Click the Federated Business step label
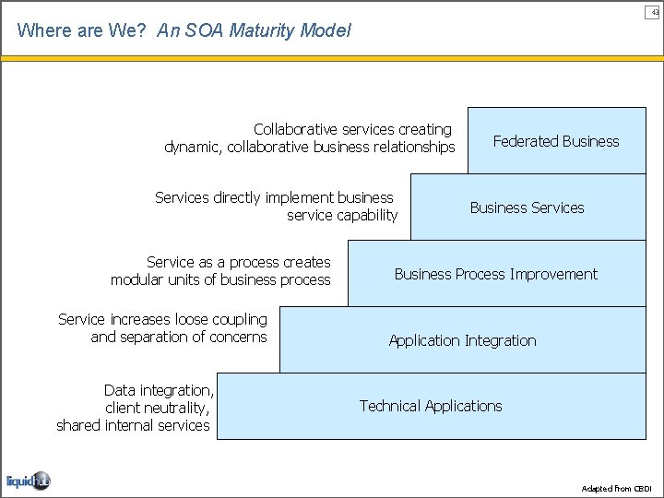tap(556, 141)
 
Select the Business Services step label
tap(527, 207)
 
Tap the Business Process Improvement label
tap(495, 274)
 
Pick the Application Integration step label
tap(462, 340)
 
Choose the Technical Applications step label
tap(431, 406)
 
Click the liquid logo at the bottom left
tap(28, 480)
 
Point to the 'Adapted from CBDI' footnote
tap(617, 488)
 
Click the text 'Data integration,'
tap(159, 390)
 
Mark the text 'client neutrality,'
tap(158, 408)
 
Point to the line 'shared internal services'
tap(133, 425)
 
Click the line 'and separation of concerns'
tap(178, 337)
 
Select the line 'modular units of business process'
tap(219, 279)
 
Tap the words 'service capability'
tap(342, 215)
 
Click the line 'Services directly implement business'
tap(274, 197)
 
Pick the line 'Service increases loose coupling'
tap(162, 319)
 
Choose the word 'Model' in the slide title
tap(328, 30)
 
